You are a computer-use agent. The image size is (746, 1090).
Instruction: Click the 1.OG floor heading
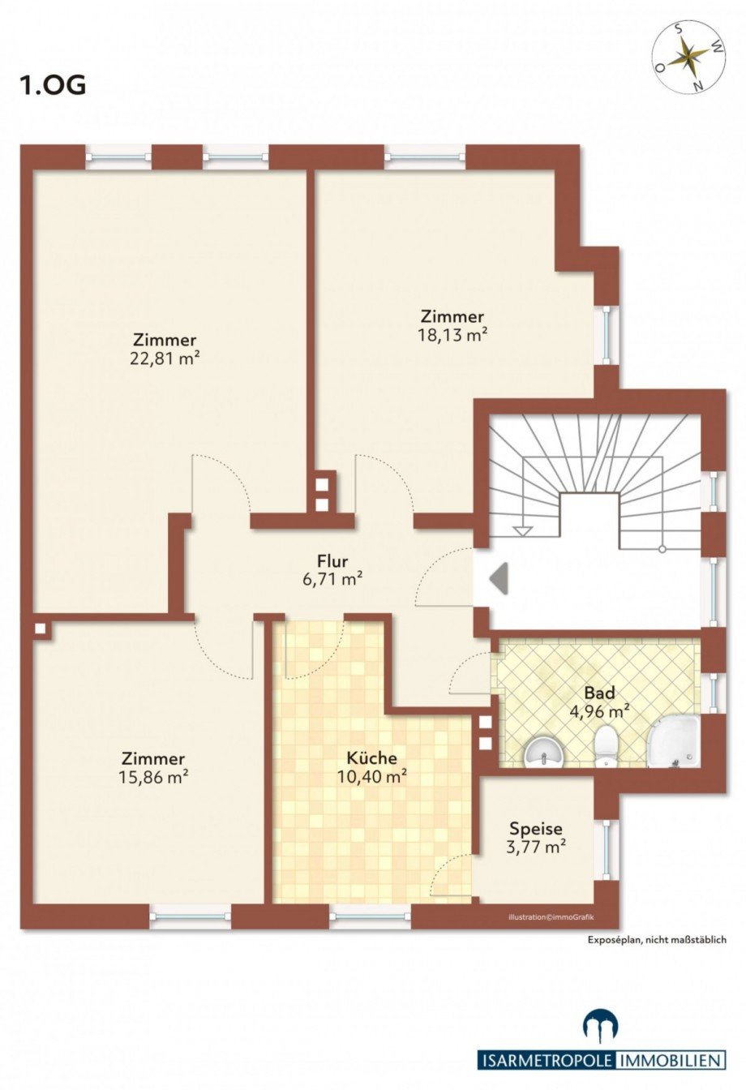coord(53,85)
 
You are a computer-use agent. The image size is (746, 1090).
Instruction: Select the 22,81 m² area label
coord(165,358)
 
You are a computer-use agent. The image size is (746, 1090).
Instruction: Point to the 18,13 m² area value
coord(452,335)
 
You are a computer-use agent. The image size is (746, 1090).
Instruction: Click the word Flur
coord(332,561)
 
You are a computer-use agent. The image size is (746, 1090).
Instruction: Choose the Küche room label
coord(371,757)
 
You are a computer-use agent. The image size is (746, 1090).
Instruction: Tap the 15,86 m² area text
coord(153,777)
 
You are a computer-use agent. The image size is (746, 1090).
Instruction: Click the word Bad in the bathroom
coord(599,692)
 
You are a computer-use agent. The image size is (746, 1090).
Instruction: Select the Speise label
coord(536,828)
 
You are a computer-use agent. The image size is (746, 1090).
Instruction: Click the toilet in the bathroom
coord(606,746)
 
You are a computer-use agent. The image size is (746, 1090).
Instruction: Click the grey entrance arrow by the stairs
coord(499,578)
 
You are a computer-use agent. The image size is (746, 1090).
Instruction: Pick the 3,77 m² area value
coord(536,848)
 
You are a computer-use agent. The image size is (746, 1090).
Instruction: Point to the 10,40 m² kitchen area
coord(372,777)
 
